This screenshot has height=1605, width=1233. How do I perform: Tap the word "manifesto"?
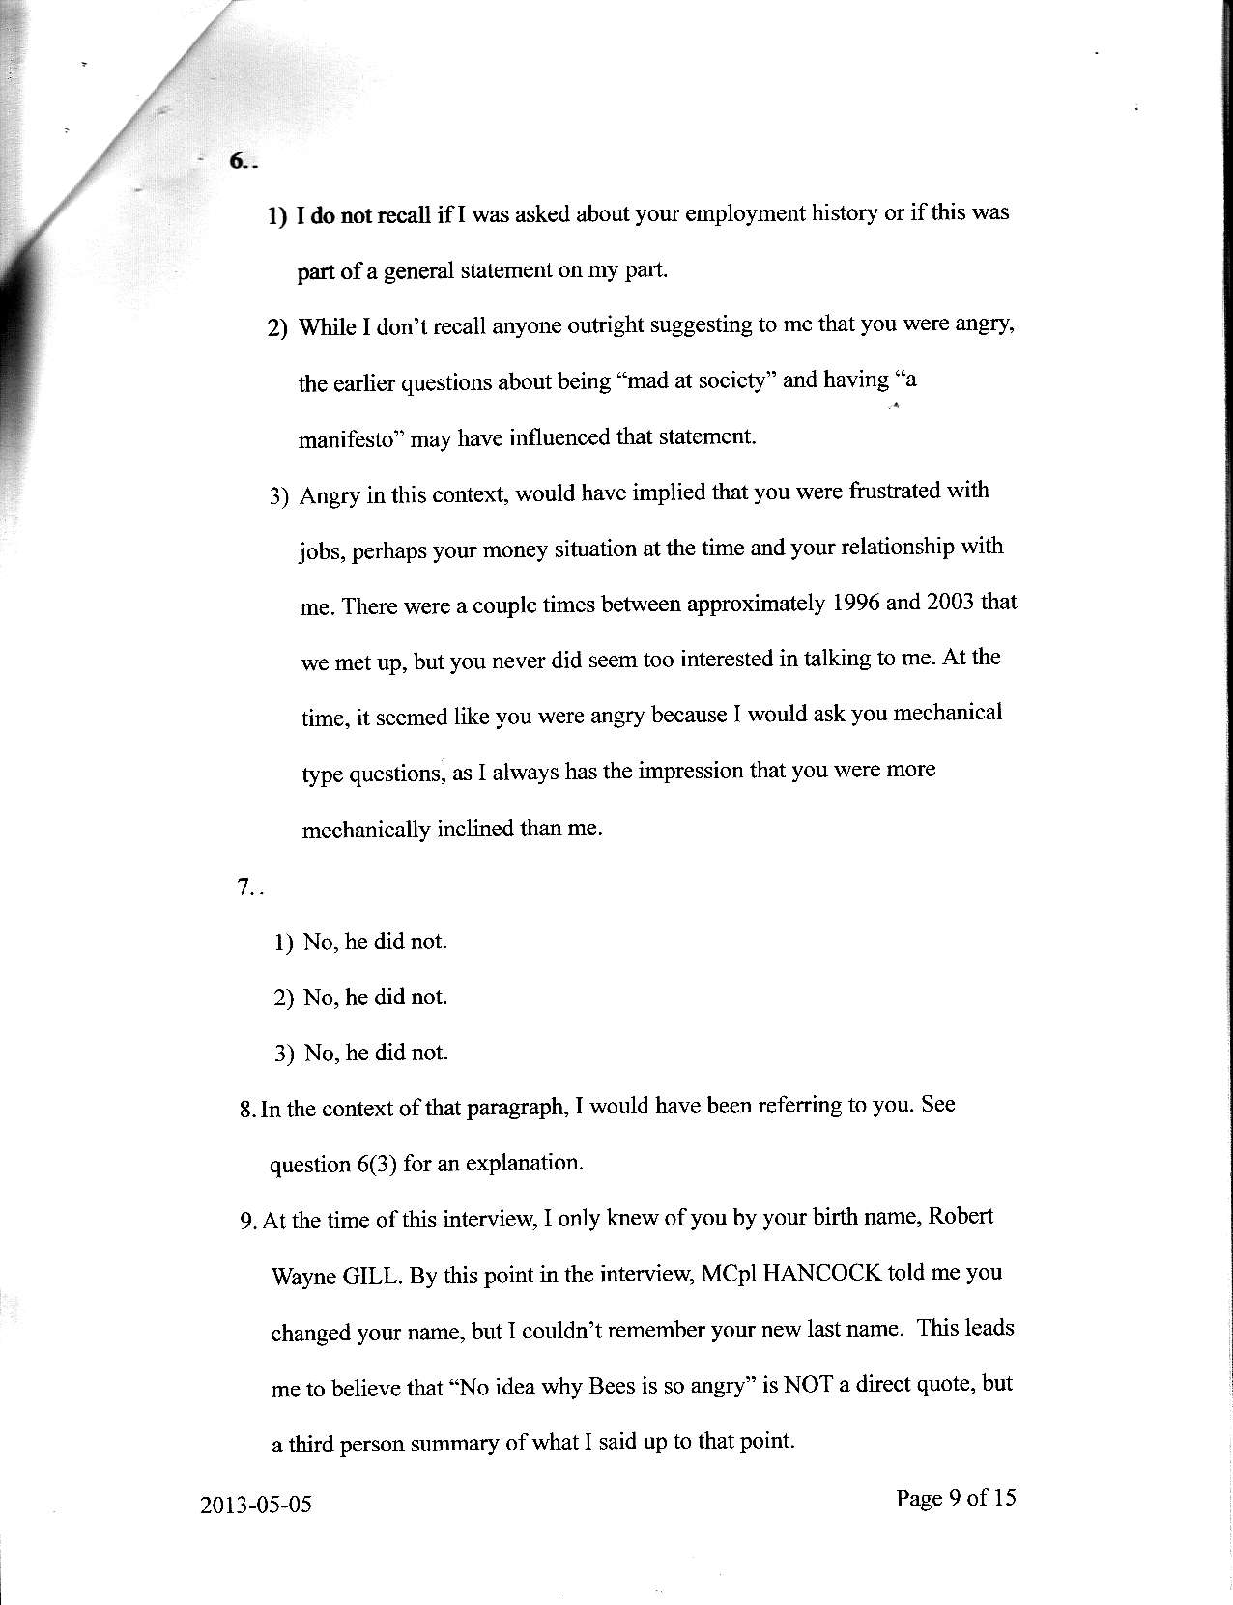tap(350, 439)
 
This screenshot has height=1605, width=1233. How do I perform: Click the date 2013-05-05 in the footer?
tap(257, 1505)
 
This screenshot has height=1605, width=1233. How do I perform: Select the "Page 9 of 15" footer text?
tap(956, 1498)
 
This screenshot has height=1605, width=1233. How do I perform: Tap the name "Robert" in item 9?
tap(961, 1217)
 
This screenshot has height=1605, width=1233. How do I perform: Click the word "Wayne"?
tap(302, 1277)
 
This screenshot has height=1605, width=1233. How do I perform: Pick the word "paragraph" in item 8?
tap(517, 1107)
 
